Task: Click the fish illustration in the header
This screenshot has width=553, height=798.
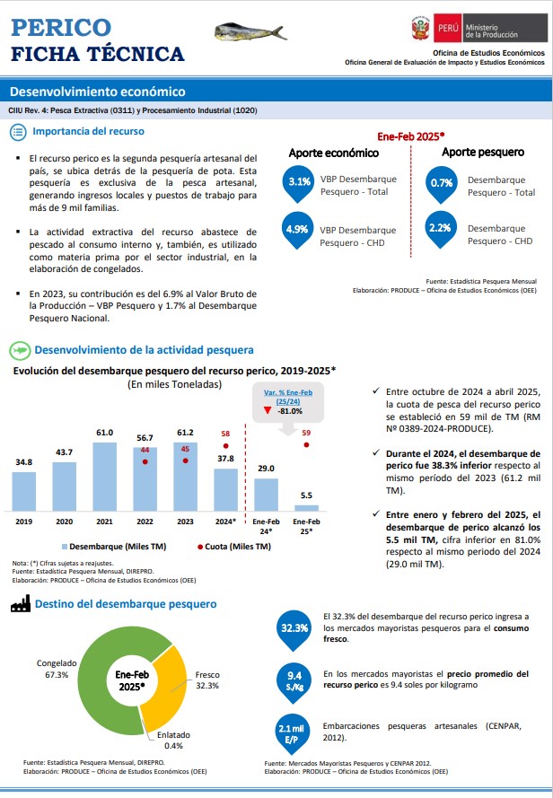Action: [250, 32]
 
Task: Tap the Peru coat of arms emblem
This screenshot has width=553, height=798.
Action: [421, 29]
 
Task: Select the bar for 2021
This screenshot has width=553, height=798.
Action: [104, 477]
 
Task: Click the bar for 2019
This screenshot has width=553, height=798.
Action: [24, 491]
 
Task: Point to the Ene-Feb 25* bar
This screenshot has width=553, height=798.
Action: [306, 508]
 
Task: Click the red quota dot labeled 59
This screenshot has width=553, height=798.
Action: [306, 445]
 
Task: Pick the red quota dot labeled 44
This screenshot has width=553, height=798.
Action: [145, 461]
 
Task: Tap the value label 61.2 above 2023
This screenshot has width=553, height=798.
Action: [185, 433]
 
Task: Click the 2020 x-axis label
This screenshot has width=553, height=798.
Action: [64, 522]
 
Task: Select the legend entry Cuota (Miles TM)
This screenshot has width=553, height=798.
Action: [234, 547]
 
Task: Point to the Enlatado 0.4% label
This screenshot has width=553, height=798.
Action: [173, 740]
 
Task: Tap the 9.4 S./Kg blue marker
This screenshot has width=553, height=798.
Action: [294, 683]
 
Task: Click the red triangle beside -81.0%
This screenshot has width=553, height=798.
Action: [268, 411]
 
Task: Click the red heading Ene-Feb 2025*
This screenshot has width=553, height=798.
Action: [411, 136]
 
